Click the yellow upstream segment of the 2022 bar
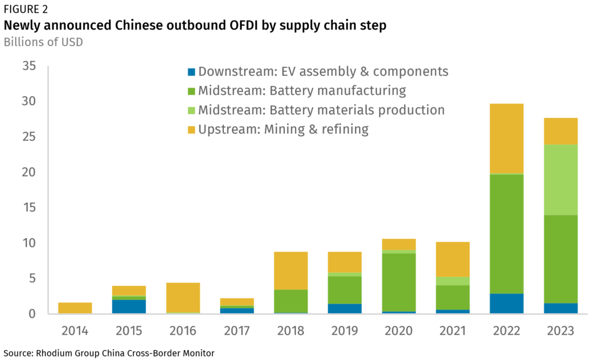[506, 138]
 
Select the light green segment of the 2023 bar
[560, 179]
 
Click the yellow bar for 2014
[74, 308]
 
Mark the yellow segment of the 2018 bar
[290, 271]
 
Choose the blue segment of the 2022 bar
[506, 303]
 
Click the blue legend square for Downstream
[192, 72]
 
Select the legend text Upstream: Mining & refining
[283, 129]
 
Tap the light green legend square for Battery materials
[192, 110]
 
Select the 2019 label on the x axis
[345, 331]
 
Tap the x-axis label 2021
[452, 331]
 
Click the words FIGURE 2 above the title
[26, 9]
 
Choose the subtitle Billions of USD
[43, 42]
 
